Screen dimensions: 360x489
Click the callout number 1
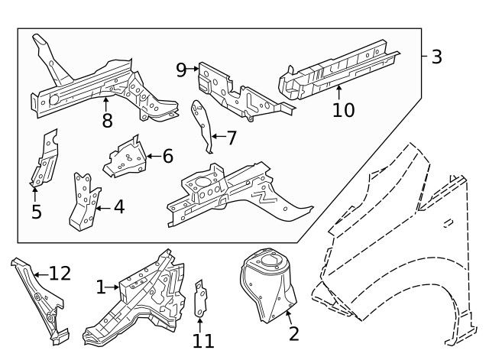[101, 287]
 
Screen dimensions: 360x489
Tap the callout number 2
[293, 333]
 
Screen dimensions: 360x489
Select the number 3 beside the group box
[436, 57]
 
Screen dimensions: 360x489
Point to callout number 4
[118, 206]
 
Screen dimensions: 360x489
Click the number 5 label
[36, 212]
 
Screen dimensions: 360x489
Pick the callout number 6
[167, 156]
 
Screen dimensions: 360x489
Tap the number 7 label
[232, 138]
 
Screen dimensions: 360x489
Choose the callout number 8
[106, 120]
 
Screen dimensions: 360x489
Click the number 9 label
[180, 70]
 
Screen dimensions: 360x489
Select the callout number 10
[343, 110]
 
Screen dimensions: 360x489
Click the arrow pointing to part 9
[193, 70]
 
